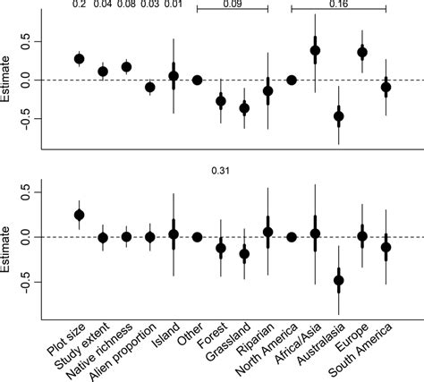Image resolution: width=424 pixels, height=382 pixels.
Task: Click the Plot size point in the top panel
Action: (x=80, y=59)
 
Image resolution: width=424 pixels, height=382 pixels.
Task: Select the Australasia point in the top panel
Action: (x=338, y=116)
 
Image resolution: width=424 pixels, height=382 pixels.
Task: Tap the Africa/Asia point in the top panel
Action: (x=315, y=51)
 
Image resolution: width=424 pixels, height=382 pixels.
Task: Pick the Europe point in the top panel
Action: (x=362, y=53)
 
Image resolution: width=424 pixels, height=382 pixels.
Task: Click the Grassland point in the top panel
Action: (x=244, y=108)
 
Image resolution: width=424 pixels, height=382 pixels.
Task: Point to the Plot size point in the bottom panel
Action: (x=80, y=215)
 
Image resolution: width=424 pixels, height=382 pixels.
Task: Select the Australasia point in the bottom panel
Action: (x=338, y=281)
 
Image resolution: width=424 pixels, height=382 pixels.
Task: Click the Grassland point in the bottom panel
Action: (x=244, y=253)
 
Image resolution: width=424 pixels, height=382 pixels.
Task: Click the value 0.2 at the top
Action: (x=80, y=5)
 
